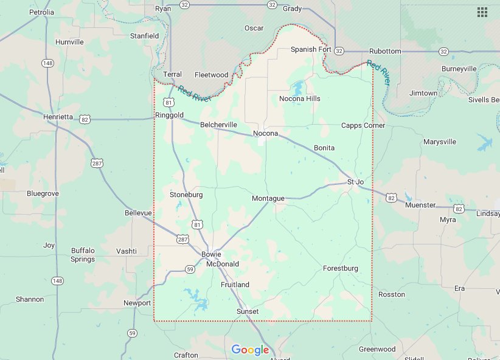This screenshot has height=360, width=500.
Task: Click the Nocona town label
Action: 265,133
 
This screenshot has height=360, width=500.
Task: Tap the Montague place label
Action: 268,198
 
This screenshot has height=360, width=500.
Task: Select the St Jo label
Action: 355,182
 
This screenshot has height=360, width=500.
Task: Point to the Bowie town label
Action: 211,254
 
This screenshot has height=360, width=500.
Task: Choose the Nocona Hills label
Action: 299,99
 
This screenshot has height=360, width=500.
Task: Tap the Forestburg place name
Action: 341,268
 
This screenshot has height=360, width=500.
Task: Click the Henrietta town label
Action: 58,116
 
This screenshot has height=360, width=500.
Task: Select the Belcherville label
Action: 218,125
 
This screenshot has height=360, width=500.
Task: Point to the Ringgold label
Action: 169,114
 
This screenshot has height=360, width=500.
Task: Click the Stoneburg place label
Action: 186,195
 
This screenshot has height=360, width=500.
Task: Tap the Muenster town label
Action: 421,205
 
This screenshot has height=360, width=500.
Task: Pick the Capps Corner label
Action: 363,125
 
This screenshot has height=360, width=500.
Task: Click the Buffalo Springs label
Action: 83,255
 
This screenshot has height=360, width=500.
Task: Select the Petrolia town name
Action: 41,12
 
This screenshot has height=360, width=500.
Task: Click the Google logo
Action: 250,350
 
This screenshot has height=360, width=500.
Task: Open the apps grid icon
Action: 482,12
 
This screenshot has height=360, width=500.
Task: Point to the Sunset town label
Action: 248,311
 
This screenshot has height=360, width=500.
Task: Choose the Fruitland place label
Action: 235,285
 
